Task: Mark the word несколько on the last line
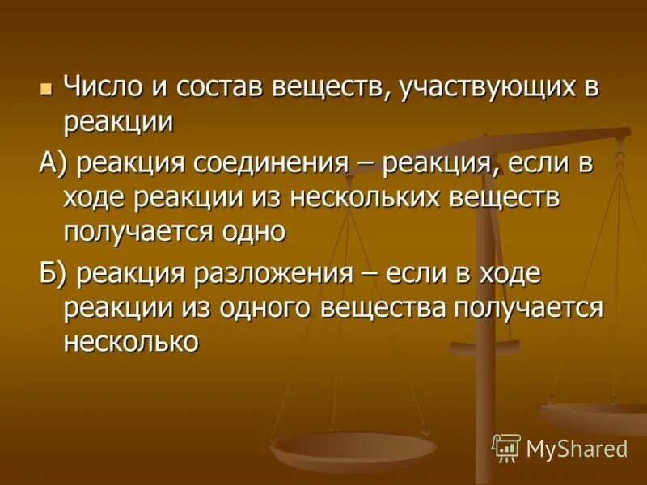[130, 341]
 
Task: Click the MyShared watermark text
[576, 448]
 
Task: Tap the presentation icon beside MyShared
[506, 447]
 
